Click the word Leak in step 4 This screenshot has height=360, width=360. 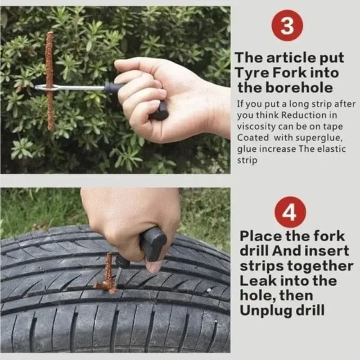pyautogui.click(x=256, y=281)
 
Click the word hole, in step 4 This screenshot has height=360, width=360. pyautogui.click(x=256, y=296)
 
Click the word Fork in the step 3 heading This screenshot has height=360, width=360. pyautogui.click(x=294, y=72)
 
